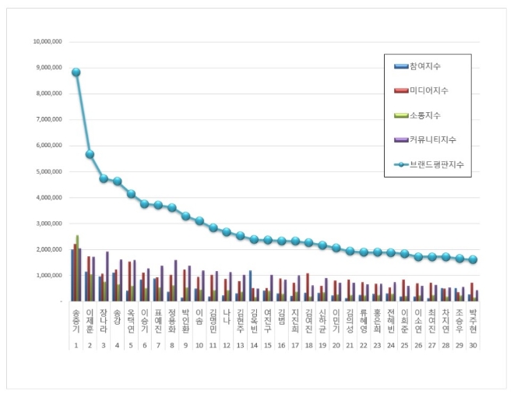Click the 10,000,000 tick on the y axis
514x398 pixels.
[46, 41]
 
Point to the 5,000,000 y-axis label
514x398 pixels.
[48, 171]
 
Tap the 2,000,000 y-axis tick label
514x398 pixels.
[48, 249]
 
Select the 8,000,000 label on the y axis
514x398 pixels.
[48, 93]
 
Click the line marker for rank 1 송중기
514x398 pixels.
[76, 72]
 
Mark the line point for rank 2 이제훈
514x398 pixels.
[90, 154]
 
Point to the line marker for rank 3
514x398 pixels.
[104, 178]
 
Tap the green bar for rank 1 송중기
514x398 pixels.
[76, 268]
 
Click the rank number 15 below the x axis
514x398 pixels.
[267, 343]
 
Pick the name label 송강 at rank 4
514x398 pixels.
[117, 318]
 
